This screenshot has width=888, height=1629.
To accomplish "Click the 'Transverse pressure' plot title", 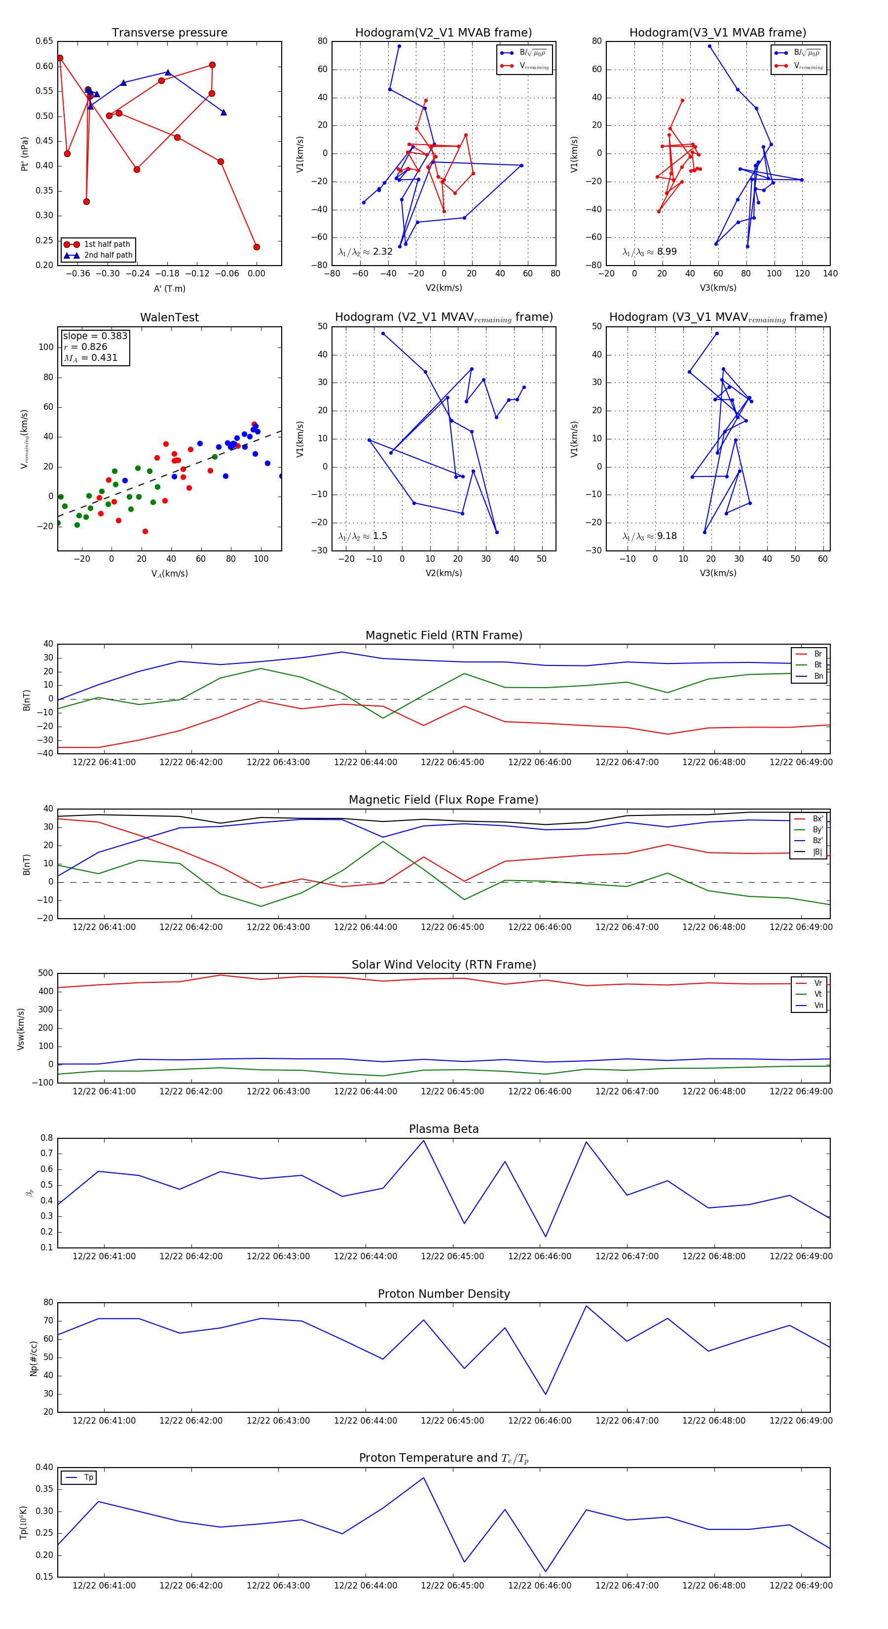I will (x=169, y=33).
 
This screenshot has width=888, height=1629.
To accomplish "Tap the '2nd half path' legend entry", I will (x=108, y=256).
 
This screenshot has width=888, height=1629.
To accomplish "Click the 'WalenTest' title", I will (x=169, y=317).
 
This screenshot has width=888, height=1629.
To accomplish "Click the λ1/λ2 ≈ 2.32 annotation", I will (x=365, y=252).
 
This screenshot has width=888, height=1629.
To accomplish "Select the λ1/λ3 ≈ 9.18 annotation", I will (x=650, y=536).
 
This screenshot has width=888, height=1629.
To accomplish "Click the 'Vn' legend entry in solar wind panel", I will (x=818, y=1006).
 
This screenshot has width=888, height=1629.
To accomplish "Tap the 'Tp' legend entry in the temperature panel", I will (x=88, y=1477).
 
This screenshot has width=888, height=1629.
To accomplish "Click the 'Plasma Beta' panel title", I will (x=444, y=1129).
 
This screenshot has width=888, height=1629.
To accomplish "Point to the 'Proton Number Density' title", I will (x=444, y=1294).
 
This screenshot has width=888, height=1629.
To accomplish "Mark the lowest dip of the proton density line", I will (x=546, y=1395).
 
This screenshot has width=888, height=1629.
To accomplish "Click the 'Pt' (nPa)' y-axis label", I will (x=25, y=154).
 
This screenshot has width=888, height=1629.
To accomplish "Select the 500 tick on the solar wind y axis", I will (x=45, y=973).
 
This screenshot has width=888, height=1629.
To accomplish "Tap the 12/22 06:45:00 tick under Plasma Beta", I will (x=452, y=1256).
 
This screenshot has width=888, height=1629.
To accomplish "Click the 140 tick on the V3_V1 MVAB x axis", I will (x=830, y=274).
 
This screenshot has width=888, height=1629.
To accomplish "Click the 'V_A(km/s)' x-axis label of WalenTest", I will (x=169, y=574).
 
